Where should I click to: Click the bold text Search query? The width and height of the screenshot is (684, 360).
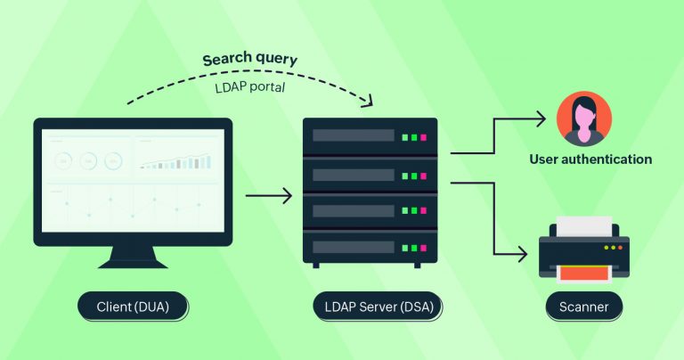click(x=249, y=60)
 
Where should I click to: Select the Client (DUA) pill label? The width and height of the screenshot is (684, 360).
click(x=133, y=308)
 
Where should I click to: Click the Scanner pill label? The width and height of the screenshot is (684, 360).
click(x=584, y=308)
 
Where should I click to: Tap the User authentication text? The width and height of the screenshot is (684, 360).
click(x=590, y=160)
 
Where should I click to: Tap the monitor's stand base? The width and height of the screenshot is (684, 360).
click(x=133, y=263)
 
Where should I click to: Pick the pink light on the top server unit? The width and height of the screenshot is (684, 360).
click(x=423, y=138)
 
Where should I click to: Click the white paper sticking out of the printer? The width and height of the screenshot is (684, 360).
click(x=584, y=224)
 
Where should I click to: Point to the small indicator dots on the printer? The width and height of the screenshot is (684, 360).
click(x=614, y=247)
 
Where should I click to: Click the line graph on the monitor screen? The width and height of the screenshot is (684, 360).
click(x=133, y=205)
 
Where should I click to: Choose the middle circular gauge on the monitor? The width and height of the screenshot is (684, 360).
click(x=88, y=161)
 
